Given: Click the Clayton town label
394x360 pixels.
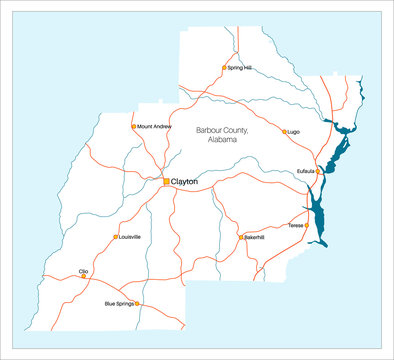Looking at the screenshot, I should click(x=186, y=182).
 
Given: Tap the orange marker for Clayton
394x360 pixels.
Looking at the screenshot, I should click(x=167, y=181).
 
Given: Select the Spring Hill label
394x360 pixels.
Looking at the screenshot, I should click(x=240, y=68).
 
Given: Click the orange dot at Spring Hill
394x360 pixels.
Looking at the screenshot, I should click(x=224, y=68).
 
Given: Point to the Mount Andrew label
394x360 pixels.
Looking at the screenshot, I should click(x=155, y=127).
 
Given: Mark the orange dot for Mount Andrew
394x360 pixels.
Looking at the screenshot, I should click(x=134, y=127).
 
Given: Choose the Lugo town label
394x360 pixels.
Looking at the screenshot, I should click(x=294, y=131).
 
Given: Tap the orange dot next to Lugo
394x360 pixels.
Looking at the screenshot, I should click(x=284, y=131).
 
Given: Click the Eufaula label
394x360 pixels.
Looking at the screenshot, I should click(x=306, y=171).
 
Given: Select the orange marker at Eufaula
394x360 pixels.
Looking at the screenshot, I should click(x=319, y=171).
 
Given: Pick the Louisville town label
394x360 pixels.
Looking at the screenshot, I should click(x=129, y=237).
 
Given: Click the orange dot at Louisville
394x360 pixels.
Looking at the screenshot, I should click(x=114, y=237).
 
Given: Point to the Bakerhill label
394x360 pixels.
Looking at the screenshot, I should click(x=254, y=237).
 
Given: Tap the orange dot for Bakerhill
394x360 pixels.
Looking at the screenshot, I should click(x=240, y=237).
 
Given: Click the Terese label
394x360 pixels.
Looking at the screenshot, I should click(x=296, y=226).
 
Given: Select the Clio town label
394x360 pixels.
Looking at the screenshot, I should click(x=83, y=270).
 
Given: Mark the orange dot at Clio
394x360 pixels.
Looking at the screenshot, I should click(x=83, y=276).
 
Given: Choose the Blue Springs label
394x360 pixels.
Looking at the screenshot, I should click(x=119, y=303).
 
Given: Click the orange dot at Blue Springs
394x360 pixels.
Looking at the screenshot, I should click(x=138, y=303).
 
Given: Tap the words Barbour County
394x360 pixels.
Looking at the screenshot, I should click(x=222, y=130).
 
